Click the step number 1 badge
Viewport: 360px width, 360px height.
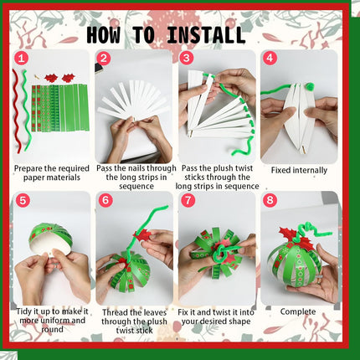click(x=21, y=59)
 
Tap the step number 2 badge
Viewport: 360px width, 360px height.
click(x=104, y=59)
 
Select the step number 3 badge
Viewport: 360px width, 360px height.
click(x=187, y=59)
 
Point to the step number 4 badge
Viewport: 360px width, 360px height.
click(x=270, y=59)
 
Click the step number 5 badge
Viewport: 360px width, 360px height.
click(x=21, y=200)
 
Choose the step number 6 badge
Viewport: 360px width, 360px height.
click(x=104, y=200)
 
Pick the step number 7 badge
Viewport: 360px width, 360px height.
click(x=187, y=200)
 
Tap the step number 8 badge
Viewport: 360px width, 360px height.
click(x=270, y=200)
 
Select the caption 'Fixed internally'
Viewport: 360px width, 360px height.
click(x=299, y=170)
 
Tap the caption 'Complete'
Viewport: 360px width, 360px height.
click(x=298, y=311)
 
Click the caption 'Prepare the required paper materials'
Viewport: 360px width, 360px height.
click(x=51, y=172)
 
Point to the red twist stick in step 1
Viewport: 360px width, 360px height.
click(x=16, y=109)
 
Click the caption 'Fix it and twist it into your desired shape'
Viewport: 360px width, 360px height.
click(x=216, y=320)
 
